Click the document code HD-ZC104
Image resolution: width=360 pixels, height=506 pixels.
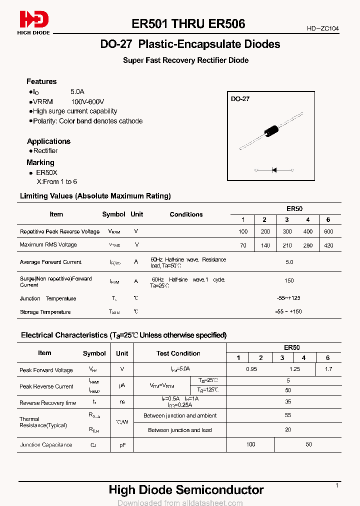click(x=322, y=28)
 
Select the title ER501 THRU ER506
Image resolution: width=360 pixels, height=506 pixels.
click(x=188, y=23)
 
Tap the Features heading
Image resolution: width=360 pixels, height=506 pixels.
click(x=41, y=81)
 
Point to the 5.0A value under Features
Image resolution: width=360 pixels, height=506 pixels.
click(x=77, y=92)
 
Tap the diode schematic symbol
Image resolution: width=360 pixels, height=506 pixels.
click(x=274, y=170)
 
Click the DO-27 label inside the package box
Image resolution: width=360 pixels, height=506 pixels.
click(x=240, y=99)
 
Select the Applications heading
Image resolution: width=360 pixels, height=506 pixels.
click(x=48, y=141)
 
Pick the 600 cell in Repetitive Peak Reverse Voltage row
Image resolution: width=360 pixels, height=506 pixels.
click(x=328, y=231)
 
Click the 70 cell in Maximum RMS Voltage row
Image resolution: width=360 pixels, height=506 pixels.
click(x=243, y=245)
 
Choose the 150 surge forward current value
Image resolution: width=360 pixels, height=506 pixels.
click(x=289, y=280)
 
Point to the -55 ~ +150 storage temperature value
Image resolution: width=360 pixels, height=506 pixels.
click(x=288, y=311)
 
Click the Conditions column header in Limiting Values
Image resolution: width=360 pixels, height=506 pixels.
click(x=186, y=214)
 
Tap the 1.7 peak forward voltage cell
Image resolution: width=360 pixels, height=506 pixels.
click(x=328, y=369)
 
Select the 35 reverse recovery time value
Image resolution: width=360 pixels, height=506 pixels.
click(x=288, y=401)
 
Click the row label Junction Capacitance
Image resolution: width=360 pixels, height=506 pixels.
click(x=46, y=444)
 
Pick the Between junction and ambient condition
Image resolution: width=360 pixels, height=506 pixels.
click(x=180, y=415)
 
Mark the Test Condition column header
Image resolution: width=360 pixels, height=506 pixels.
click(x=178, y=353)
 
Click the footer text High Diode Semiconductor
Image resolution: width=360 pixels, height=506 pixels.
click(x=186, y=489)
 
